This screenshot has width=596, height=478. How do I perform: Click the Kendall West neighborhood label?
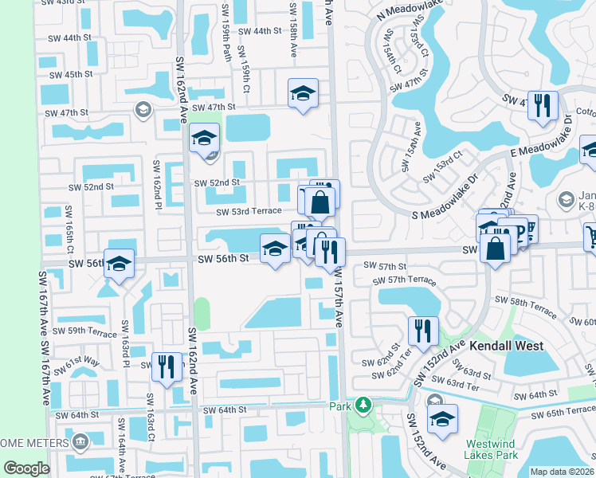coord(506,346)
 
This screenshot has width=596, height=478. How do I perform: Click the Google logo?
coord(27,468)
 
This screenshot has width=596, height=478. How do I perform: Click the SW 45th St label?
coord(72,74)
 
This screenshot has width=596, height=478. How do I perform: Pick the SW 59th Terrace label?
coord(85,331)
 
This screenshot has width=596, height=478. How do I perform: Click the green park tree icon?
coord(363,406)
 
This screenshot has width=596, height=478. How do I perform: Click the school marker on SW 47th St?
coord(303,95)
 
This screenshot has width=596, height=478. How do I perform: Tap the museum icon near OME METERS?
coord(80,441)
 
